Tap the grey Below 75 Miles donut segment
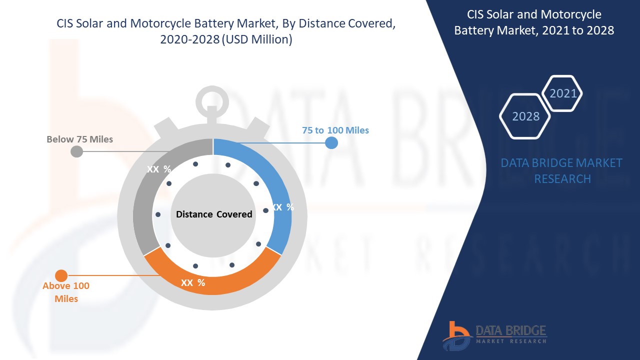(x=145, y=200)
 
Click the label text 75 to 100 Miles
(x=335, y=130)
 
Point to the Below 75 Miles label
(x=80, y=139)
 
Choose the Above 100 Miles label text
(x=66, y=292)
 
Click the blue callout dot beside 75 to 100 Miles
(x=331, y=143)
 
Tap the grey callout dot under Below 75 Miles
(x=76, y=151)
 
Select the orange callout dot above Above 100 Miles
(x=61, y=275)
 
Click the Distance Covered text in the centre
(x=214, y=214)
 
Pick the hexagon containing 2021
(x=563, y=93)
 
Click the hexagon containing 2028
(x=525, y=116)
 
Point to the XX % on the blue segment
(x=283, y=207)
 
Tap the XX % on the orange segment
(x=193, y=282)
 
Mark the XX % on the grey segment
(x=158, y=169)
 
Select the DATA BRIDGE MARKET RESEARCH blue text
(x=561, y=170)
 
